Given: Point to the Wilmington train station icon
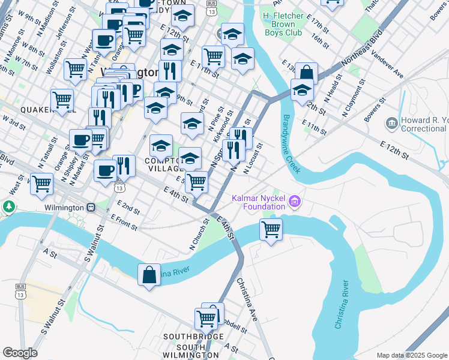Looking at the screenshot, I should pos(91,208).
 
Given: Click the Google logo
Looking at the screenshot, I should pos(20,353).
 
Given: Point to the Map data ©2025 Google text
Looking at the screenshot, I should pos(411,355).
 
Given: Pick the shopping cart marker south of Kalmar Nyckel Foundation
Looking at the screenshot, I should pos(271,229).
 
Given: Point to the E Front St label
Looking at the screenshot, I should pos(123,224).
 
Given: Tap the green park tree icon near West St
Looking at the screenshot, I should pos(8,208).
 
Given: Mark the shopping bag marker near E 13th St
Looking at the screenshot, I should pos(306,73).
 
